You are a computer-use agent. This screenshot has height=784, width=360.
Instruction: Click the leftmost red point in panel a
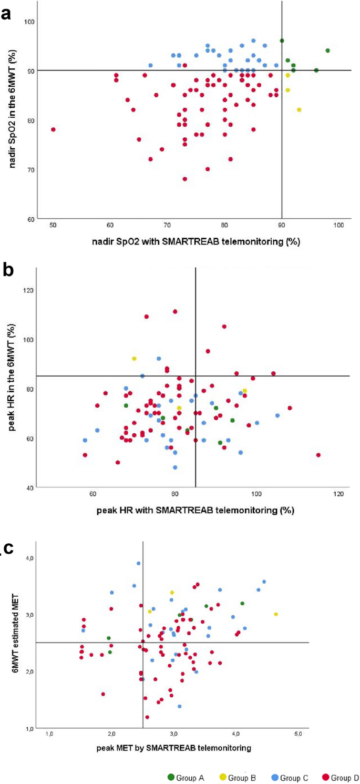point(53,129)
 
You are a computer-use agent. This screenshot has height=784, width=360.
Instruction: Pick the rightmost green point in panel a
point(327,50)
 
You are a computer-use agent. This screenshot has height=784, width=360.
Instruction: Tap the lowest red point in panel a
point(185,179)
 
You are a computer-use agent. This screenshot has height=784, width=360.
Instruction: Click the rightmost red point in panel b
point(318,455)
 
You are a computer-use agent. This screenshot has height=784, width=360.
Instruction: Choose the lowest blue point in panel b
point(175,467)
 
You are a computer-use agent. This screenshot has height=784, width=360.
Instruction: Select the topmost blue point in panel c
point(139,563)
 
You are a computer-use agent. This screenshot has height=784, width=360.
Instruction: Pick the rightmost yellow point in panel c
point(275,614)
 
